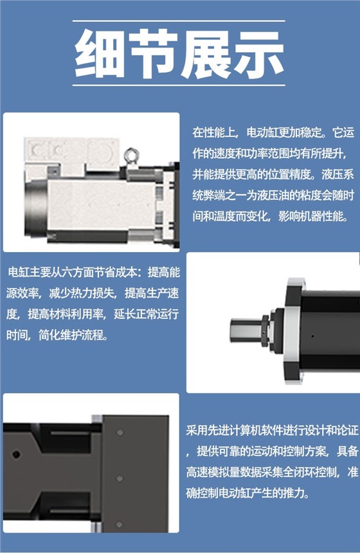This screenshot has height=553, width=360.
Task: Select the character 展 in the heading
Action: pos(206,53)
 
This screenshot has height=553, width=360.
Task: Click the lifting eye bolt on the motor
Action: pos(131,156)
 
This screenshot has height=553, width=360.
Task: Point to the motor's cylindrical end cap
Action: pos(35,207)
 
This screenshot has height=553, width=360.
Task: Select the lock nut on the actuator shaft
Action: pos(266,331)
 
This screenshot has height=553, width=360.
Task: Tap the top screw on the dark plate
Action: pos(120,432)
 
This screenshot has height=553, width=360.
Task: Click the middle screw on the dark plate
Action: pos(120,478)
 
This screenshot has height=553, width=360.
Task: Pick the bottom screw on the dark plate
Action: pos(120,525)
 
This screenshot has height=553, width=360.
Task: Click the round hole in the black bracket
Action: pos(16,454)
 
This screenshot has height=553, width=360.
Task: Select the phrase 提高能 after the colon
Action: pos(164,272)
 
